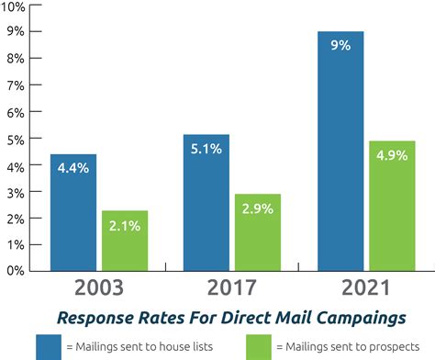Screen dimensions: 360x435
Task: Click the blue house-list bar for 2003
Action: pyautogui.click(x=73, y=220)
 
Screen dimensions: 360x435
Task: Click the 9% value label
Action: pyautogui.click(x=341, y=45)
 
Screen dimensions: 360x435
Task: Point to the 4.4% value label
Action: pyautogui.click(x=73, y=168)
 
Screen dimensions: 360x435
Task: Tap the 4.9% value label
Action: pyautogui.click(x=392, y=155)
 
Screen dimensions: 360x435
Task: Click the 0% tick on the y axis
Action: pyautogui.click(x=17, y=272)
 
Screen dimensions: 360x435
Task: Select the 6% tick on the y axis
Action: pyautogui.click(x=17, y=112)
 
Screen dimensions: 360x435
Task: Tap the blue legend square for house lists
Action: pyautogui.click(x=50, y=345)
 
